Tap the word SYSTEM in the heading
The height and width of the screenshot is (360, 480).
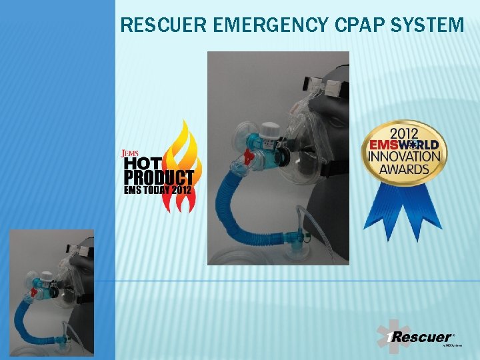click(430, 26)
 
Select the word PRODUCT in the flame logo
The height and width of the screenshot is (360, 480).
click(159, 177)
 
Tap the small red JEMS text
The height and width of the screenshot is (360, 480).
click(129, 153)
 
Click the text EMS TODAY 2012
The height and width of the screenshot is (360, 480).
click(157, 190)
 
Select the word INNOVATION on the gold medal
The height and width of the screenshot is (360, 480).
click(404, 156)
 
